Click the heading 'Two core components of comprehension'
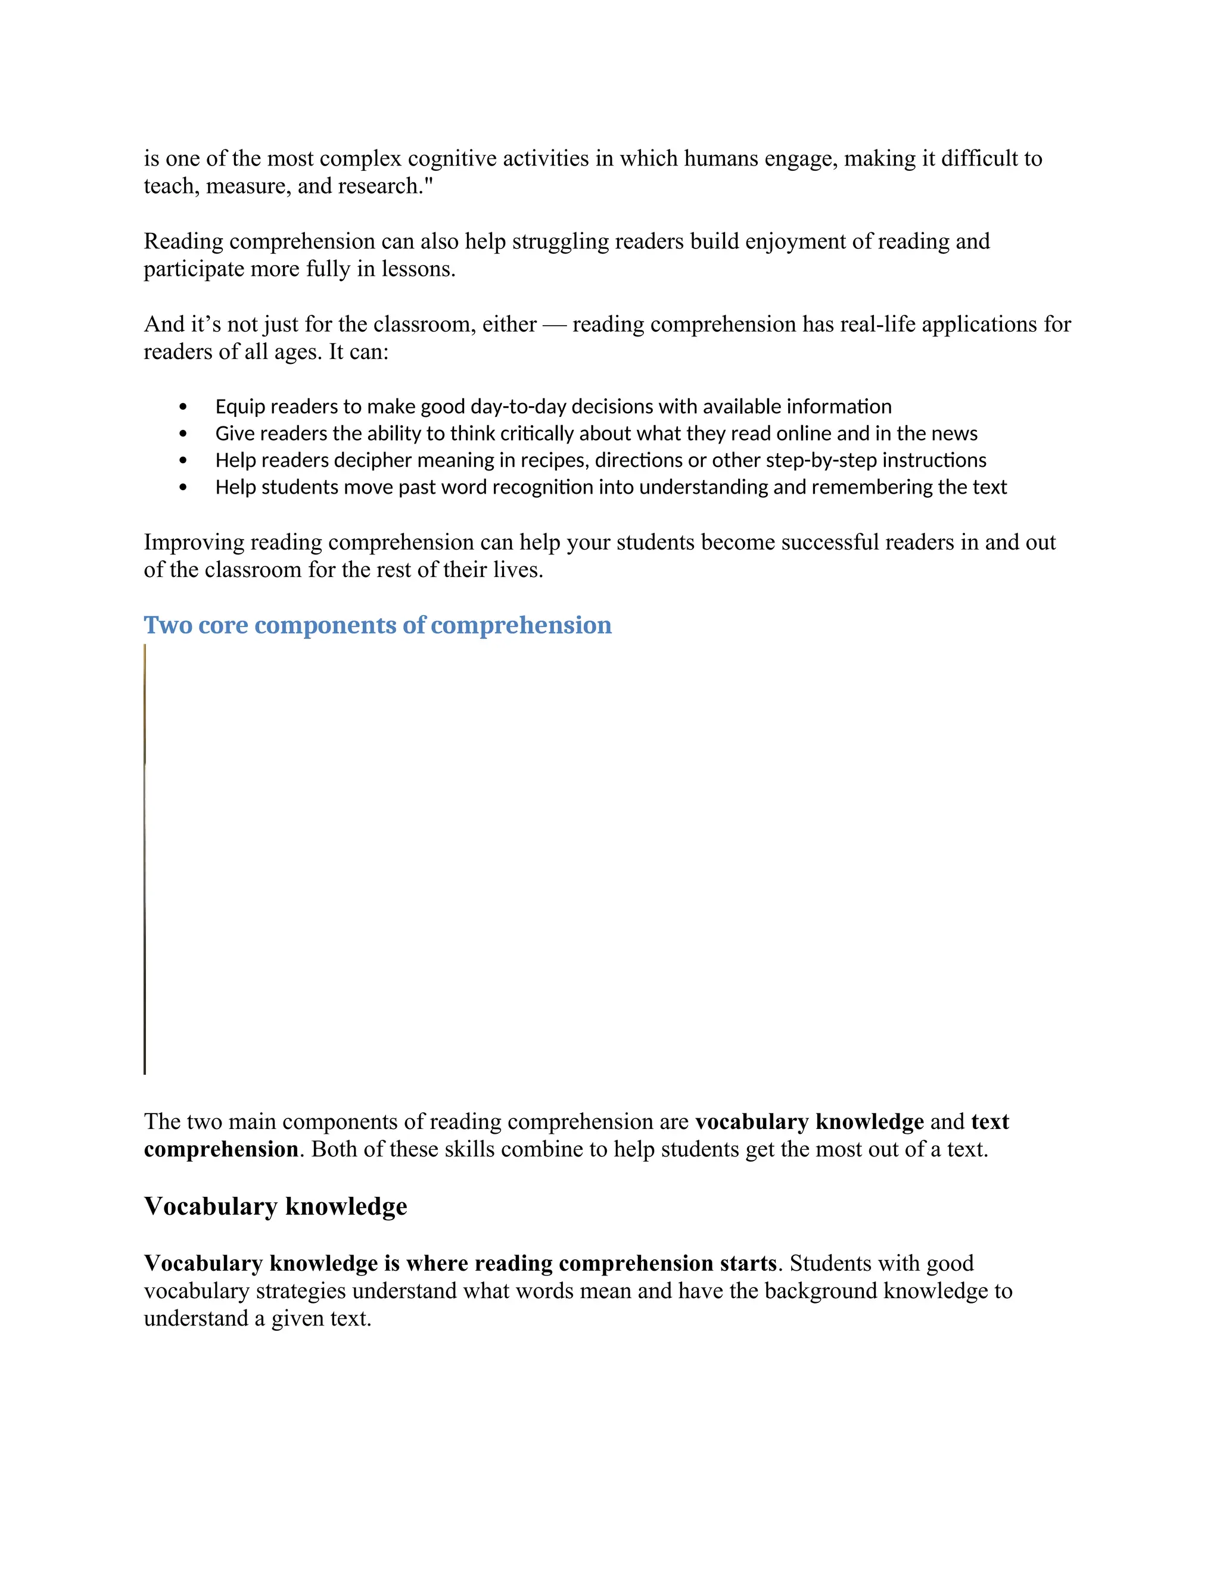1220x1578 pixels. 377,626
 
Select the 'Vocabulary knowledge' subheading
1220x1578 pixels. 275,1206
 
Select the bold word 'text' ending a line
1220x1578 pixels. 990,1122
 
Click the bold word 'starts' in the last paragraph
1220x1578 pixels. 748,1264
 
